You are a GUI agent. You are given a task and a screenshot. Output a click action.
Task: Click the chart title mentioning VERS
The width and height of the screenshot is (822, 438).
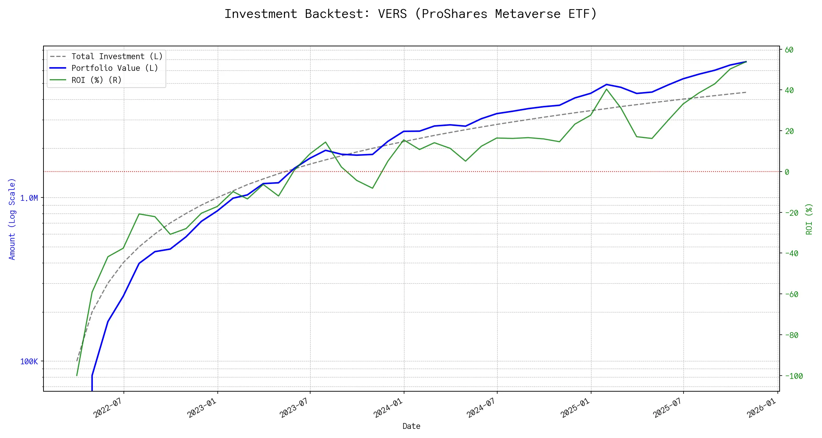point(411,14)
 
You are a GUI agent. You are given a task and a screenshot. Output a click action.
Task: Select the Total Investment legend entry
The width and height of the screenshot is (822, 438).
point(117,57)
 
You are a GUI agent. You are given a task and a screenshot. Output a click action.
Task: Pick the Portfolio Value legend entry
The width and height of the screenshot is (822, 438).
point(115,68)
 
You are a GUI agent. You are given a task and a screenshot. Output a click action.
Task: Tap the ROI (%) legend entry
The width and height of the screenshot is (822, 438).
point(96,80)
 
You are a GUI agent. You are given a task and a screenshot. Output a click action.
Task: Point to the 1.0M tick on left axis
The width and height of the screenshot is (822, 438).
point(29,198)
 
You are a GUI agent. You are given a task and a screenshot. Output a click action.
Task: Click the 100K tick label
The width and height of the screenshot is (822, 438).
point(29,362)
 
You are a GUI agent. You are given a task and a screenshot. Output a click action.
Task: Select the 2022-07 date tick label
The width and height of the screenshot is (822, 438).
point(107,408)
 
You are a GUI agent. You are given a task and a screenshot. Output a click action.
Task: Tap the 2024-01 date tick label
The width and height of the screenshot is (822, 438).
point(388,408)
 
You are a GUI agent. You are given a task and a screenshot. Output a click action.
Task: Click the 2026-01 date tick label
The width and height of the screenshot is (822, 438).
point(761,408)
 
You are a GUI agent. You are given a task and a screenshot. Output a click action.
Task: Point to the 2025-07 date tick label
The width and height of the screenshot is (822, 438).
point(667,408)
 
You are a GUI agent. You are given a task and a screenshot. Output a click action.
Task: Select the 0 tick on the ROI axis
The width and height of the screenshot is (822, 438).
point(787,172)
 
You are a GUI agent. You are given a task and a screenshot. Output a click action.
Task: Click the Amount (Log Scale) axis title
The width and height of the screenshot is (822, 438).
point(12,219)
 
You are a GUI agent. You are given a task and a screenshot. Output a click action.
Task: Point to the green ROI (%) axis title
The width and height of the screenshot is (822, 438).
point(809,219)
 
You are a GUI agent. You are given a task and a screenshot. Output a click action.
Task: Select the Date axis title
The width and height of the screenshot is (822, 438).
point(411,426)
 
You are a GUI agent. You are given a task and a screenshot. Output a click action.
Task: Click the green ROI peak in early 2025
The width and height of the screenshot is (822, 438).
point(606,89)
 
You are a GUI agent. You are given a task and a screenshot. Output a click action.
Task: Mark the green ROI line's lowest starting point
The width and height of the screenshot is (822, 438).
point(77,376)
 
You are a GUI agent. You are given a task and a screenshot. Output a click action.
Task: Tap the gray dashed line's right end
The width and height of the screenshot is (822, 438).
point(746,92)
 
